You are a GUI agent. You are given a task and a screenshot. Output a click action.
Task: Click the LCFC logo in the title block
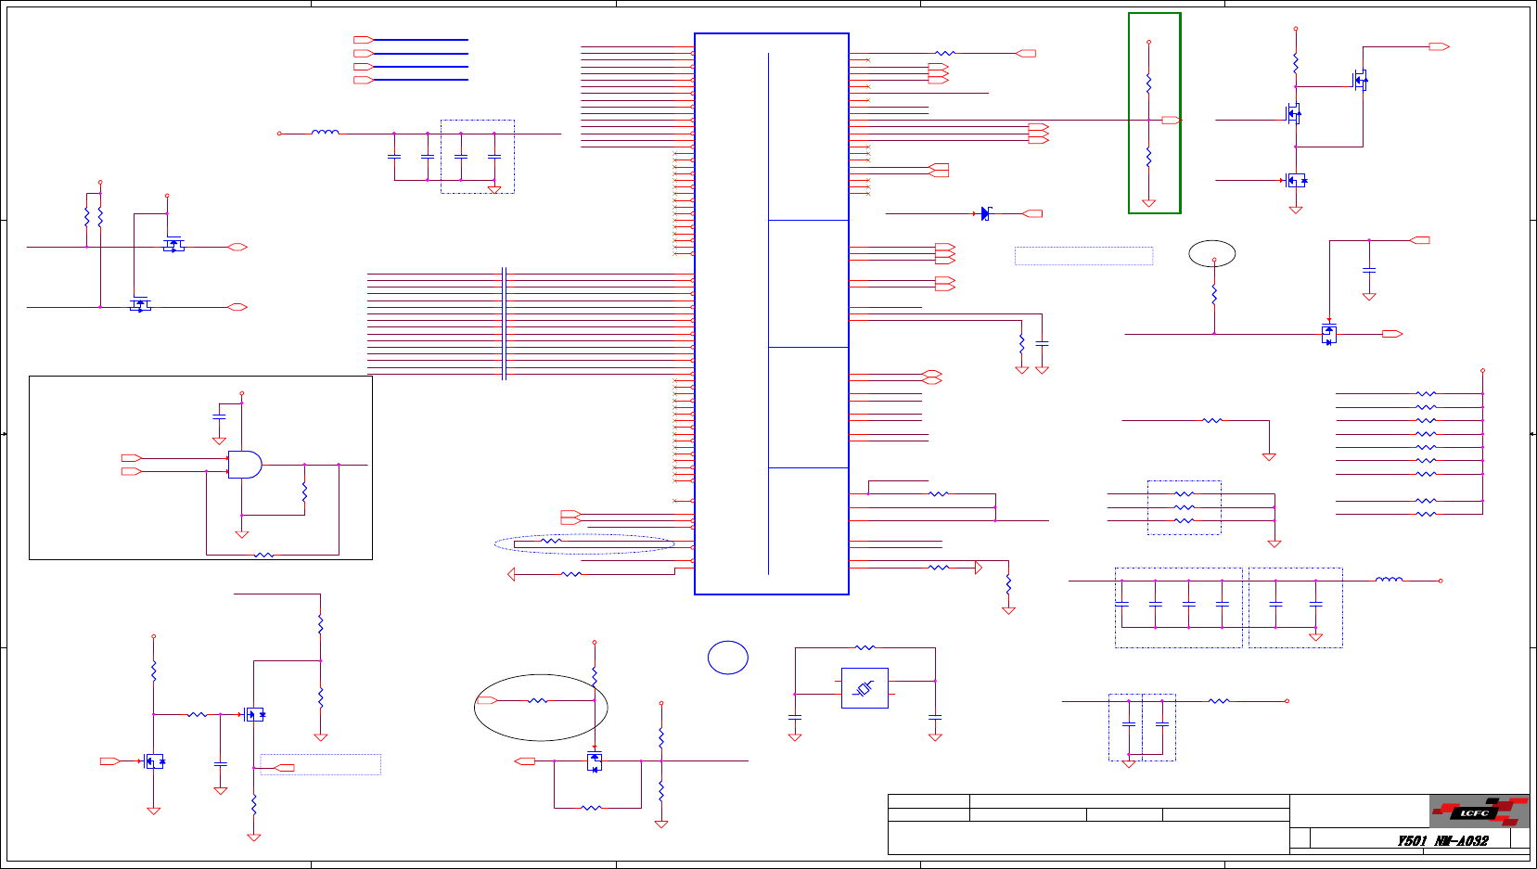(1479, 811)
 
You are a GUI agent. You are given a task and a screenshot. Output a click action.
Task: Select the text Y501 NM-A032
(1442, 841)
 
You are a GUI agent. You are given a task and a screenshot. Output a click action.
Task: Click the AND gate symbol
(245, 465)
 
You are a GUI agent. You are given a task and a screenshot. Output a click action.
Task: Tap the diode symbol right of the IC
(985, 213)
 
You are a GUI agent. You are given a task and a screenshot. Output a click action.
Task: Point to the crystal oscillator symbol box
(865, 688)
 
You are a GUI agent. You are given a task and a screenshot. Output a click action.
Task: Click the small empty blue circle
(728, 658)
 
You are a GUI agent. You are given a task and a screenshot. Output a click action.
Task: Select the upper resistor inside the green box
(1148, 83)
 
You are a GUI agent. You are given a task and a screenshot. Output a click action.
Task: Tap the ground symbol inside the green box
(1148, 202)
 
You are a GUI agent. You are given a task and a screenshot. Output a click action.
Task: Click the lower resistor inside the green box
(1148, 158)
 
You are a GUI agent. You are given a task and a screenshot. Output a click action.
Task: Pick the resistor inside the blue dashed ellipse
(551, 541)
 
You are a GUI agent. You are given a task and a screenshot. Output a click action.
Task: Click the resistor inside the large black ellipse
(538, 701)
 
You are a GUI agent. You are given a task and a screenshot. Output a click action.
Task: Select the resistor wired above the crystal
(865, 647)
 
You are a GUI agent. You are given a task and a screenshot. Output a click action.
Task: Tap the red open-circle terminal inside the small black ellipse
(1214, 260)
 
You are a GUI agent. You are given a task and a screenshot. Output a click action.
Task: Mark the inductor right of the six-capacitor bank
(1389, 580)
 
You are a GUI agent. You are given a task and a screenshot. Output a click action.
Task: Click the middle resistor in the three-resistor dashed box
(1185, 507)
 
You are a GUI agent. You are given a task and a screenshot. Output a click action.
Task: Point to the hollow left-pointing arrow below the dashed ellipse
(511, 574)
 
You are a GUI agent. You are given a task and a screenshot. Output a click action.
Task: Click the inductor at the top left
(325, 133)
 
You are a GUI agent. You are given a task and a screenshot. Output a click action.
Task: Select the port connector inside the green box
(1171, 121)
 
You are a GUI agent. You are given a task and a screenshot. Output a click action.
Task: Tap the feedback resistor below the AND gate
(264, 555)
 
